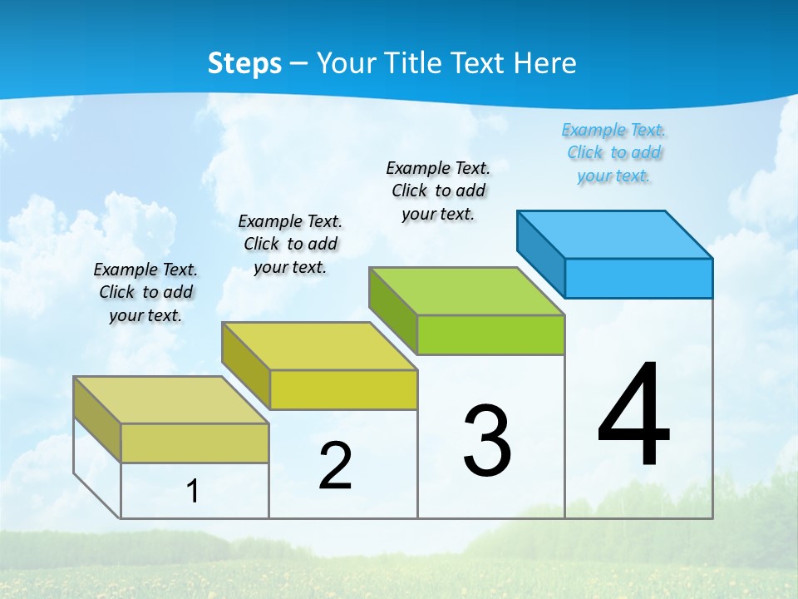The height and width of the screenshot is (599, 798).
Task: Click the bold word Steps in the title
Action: pos(244,63)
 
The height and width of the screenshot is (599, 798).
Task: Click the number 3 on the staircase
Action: pos(487,441)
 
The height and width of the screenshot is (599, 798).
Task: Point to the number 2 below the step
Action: pos(335,466)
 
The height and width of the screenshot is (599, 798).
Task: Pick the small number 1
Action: pos(192,492)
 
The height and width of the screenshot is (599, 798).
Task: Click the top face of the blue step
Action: pos(615,234)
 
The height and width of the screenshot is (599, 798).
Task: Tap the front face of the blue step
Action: pos(638,278)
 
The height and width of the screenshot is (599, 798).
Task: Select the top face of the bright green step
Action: pos(467,291)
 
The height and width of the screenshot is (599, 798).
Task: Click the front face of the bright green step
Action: pos(490,334)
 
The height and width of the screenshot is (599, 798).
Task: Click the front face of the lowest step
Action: pos(195,443)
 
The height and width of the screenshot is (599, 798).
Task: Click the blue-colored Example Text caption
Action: pos(613,153)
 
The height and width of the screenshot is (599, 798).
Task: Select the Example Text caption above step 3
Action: pos(438,191)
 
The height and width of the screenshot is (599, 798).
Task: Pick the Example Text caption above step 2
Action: pos(290,244)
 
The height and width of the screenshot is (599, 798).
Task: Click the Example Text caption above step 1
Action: pos(145,292)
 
